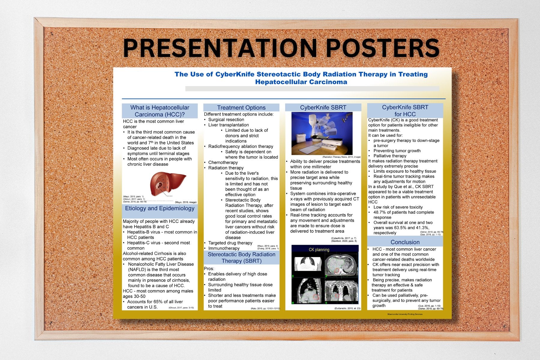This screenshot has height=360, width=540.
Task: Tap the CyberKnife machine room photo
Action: [322, 133]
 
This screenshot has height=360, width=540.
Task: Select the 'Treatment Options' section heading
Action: [241, 108]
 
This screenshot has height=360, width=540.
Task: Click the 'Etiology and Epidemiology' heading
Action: [160, 208]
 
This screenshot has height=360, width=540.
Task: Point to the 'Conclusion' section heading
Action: [405, 242]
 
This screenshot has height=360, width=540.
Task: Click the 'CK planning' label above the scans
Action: [319, 250]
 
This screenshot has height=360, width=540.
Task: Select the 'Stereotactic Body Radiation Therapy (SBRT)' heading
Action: [241, 258]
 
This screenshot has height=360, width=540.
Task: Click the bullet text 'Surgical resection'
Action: [226, 119]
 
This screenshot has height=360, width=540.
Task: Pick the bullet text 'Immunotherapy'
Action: [224, 248]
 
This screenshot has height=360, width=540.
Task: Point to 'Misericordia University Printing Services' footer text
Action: [405, 314]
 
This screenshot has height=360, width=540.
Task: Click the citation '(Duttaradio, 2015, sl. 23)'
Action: [347, 308]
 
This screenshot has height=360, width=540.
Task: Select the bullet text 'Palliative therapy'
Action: [390, 156]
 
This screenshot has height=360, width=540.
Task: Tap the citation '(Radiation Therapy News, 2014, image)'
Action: [341, 157]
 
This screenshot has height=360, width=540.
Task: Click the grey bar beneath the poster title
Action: [312, 89]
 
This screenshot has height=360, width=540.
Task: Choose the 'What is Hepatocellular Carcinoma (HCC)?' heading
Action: [160, 111]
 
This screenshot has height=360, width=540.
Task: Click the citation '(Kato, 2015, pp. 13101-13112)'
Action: [265, 308]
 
